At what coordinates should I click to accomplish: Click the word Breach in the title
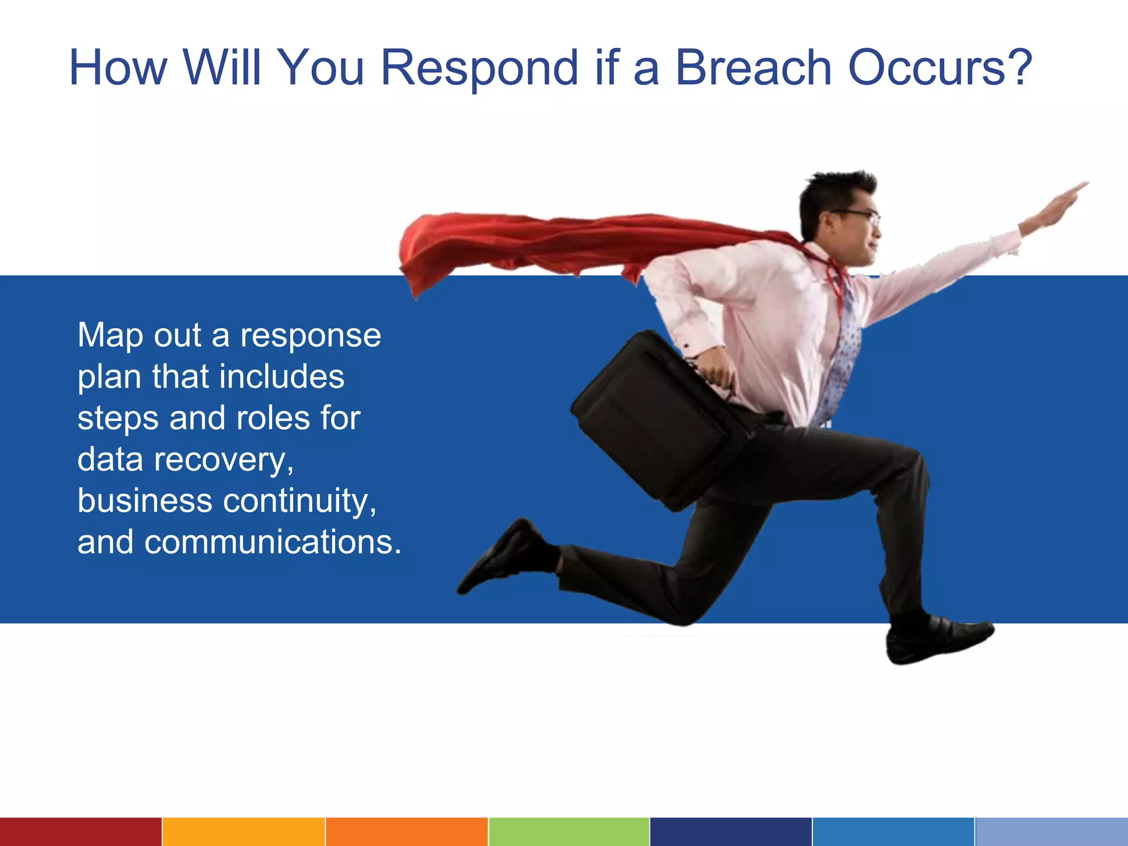[x=753, y=68]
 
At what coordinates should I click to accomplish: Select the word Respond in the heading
[x=479, y=69]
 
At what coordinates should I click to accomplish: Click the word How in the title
[x=118, y=68]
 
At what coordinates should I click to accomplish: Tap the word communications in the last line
[x=273, y=543]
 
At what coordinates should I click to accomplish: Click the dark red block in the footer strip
[x=80, y=832]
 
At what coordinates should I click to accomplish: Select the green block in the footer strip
[x=568, y=832]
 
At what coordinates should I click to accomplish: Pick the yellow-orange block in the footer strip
[x=243, y=832]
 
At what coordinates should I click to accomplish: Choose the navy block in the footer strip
[x=730, y=832]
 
